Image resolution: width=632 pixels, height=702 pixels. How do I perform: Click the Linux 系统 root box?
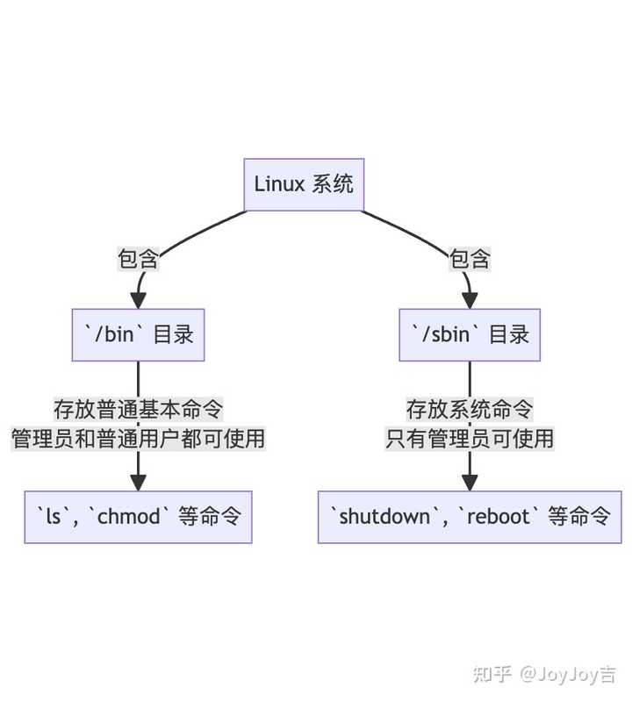point(304,184)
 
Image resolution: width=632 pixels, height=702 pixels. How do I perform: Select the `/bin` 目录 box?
point(138,334)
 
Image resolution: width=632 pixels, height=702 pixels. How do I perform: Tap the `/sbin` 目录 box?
point(470,334)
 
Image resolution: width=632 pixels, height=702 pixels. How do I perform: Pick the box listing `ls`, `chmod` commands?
point(138,517)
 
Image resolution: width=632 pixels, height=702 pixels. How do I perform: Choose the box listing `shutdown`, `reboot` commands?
point(470,517)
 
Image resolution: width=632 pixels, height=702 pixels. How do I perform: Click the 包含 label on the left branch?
point(138,260)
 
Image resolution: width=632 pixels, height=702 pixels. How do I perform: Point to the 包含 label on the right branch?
point(470,260)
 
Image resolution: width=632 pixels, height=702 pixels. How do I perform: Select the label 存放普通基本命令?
point(138,409)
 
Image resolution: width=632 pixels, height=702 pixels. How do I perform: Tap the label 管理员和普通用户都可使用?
point(138,438)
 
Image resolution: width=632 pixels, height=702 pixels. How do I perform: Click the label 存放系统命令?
point(470,409)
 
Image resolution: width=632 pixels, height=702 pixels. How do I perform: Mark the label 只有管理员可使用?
point(470,438)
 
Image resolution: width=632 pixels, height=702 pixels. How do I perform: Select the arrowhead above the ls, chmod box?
point(138,482)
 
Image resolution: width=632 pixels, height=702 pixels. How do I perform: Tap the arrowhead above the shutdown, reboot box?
point(470,482)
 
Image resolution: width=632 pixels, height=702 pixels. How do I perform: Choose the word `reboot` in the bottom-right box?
point(499,517)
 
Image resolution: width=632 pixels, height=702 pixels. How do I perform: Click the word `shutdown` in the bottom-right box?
point(384,517)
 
